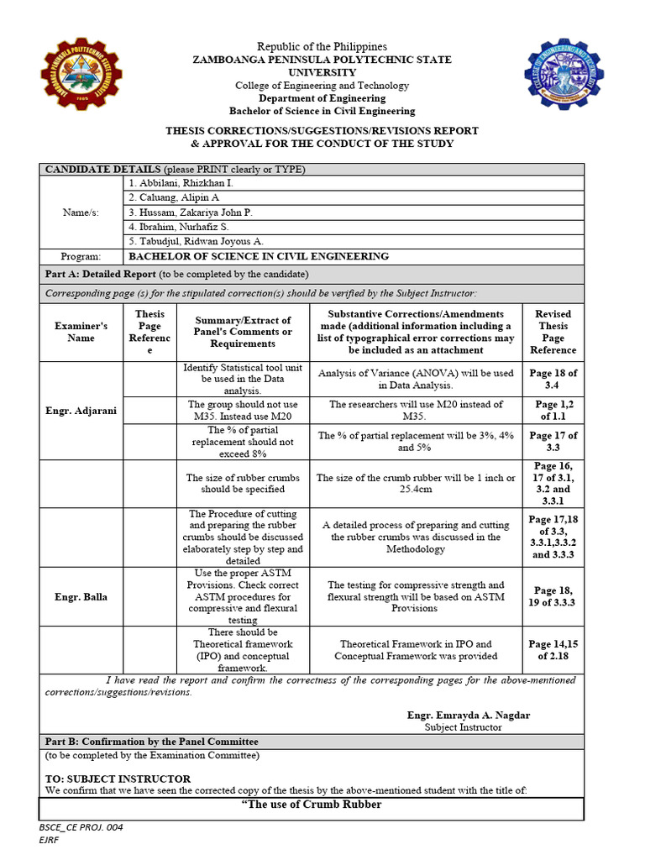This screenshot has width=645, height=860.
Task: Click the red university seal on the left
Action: coord(81,81)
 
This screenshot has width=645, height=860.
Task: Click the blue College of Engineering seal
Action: coord(564,81)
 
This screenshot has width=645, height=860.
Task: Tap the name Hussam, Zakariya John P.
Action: coord(190,212)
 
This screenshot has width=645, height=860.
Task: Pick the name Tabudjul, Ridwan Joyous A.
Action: coord(196,242)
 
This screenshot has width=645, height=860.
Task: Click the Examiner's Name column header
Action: coord(81,332)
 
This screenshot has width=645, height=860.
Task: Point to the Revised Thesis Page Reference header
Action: coord(553,332)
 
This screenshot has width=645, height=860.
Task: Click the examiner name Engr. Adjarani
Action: coord(81,411)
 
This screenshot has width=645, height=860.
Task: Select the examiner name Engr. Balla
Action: coord(81,596)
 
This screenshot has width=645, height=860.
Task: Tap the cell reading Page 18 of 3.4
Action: coord(553,379)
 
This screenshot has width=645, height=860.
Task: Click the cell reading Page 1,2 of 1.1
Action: coord(553,410)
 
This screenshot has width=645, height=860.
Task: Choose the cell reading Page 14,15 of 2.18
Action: coord(553,649)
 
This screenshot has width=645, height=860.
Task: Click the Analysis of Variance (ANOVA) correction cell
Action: coord(415,379)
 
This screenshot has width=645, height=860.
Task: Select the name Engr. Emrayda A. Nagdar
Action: coord(469,715)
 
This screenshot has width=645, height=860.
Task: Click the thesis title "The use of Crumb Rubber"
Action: coord(312,805)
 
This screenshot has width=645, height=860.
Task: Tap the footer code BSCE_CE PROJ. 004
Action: coord(81,828)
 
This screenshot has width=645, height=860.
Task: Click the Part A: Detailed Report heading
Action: coord(99,275)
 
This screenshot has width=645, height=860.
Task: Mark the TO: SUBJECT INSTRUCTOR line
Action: coord(118,779)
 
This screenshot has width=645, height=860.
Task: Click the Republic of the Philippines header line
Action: coord(322,46)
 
